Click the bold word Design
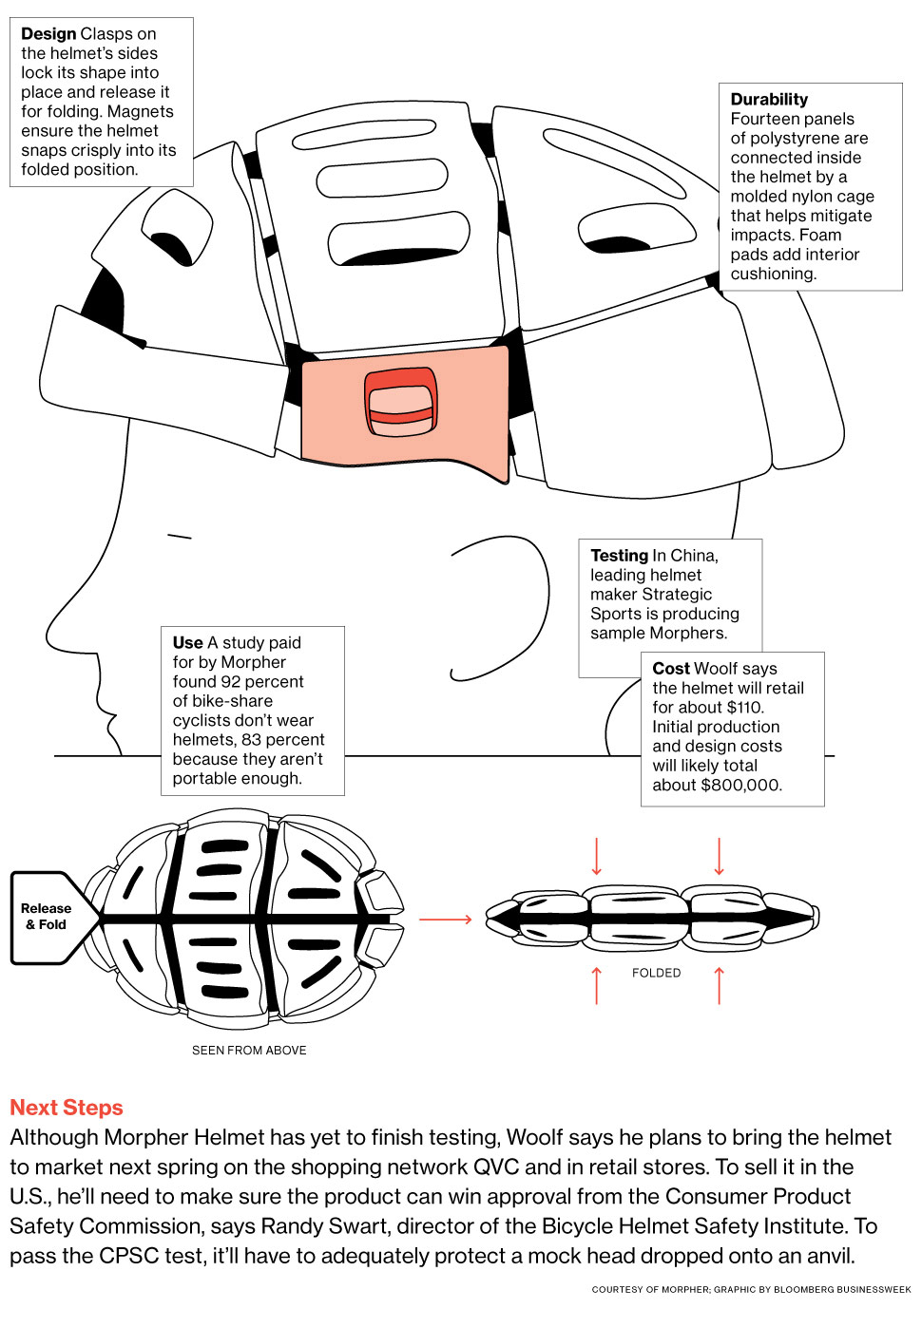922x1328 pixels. [x=48, y=34]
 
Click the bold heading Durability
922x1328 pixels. [x=769, y=100]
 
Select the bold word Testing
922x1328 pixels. [x=619, y=556]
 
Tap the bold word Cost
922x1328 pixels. [x=671, y=669]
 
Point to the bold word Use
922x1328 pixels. [x=187, y=643]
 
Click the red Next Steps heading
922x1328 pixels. [x=67, y=1108]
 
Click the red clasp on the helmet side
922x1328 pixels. [x=401, y=402]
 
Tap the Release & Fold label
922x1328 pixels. [x=47, y=917]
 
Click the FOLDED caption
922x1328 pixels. [x=656, y=973]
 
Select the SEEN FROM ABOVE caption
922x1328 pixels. [x=249, y=1051]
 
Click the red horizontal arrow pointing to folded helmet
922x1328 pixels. [x=445, y=920]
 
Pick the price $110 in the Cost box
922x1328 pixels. [x=744, y=708]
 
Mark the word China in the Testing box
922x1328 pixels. [x=693, y=556]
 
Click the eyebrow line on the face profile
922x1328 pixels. [x=180, y=537]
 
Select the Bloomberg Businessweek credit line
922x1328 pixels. [x=751, y=1290]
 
